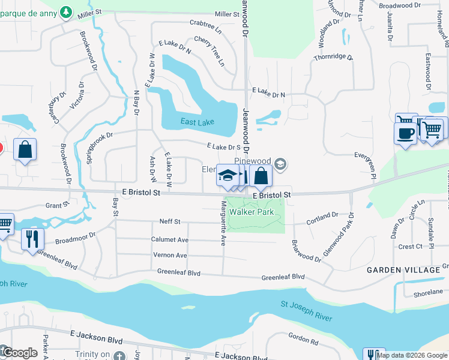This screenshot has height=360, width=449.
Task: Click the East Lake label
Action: coord(197,122)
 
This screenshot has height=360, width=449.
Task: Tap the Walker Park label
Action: coord(253,212)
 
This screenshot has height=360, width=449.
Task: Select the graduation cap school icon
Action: coord(228,175)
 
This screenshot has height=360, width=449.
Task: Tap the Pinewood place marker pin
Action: coord(280,164)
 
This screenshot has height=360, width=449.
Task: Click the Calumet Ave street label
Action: coord(169,239)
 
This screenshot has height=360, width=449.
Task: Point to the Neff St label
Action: coord(170,221)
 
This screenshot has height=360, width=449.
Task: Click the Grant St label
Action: coord(57,206)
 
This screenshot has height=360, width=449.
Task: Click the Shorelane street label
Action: coord(428,293)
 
